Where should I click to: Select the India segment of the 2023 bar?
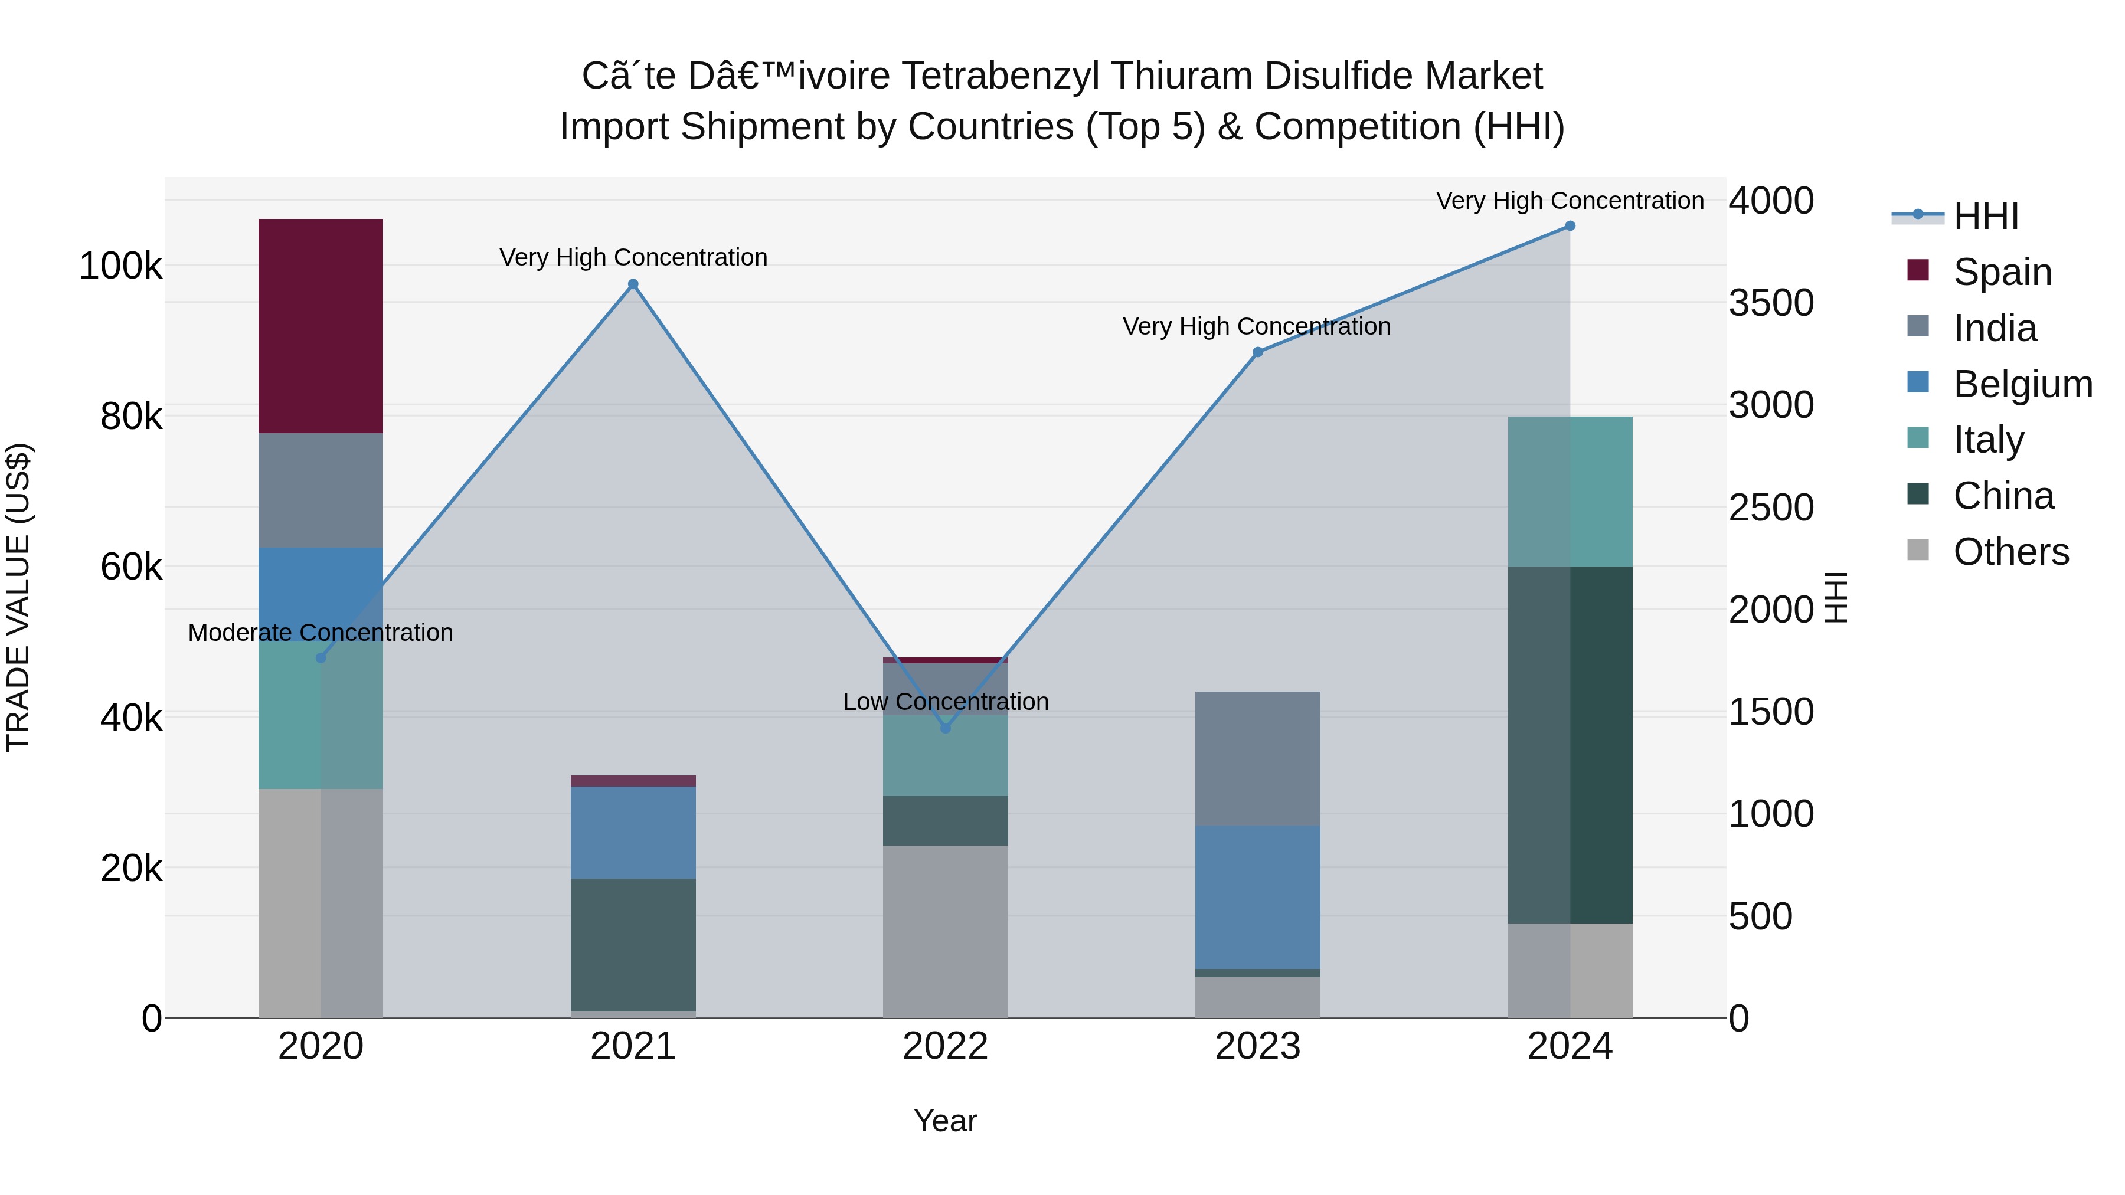coord(1257,759)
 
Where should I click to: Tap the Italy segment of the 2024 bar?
coord(1570,492)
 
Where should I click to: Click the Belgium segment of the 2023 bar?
coord(1257,897)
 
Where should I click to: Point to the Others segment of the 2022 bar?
coord(946,931)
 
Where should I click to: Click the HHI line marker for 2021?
coord(633,284)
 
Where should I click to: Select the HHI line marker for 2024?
coord(1570,226)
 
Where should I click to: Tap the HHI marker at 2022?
coord(946,728)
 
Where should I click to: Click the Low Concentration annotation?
coord(946,702)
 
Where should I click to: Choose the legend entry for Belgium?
coord(2021,384)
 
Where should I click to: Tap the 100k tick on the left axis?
coord(120,266)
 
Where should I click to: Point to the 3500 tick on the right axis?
coord(1771,303)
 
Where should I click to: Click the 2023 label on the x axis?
coord(1257,1046)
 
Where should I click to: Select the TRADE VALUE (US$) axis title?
coord(18,597)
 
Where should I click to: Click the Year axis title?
coord(946,1121)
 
